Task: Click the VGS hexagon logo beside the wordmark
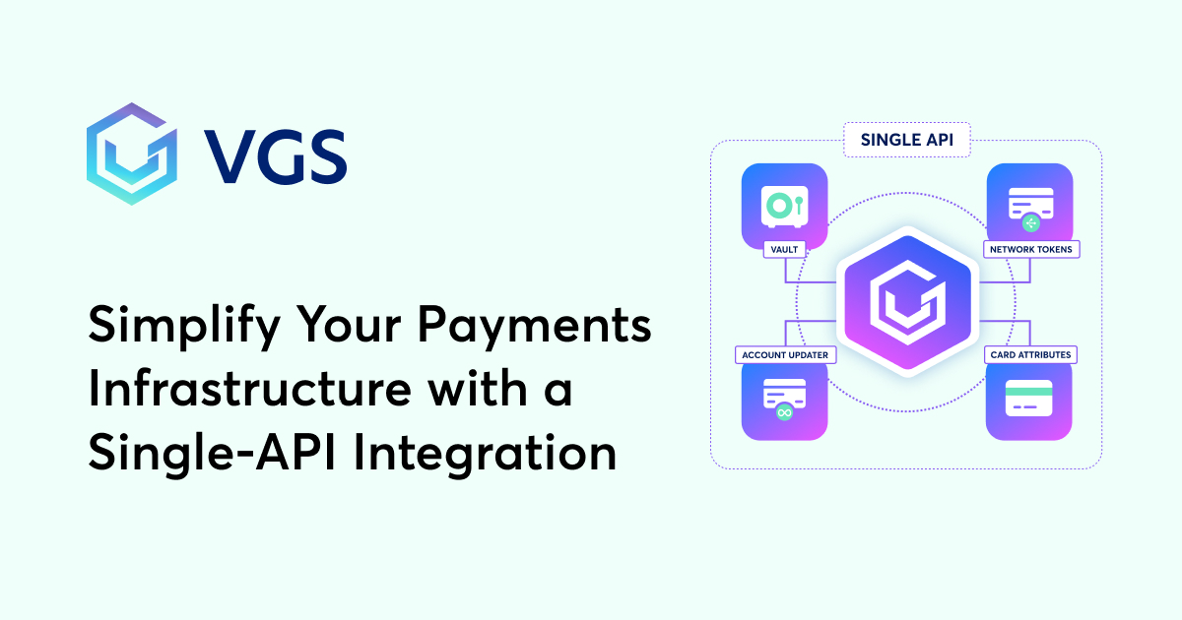coord(131,153)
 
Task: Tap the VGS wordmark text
coord(277,155)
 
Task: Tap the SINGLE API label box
coord(906,139)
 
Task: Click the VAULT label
coord(784,250)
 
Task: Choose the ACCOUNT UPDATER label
coord(784,354)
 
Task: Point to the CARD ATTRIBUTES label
coord(1030,354)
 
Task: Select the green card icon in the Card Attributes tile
coord(1029,400)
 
